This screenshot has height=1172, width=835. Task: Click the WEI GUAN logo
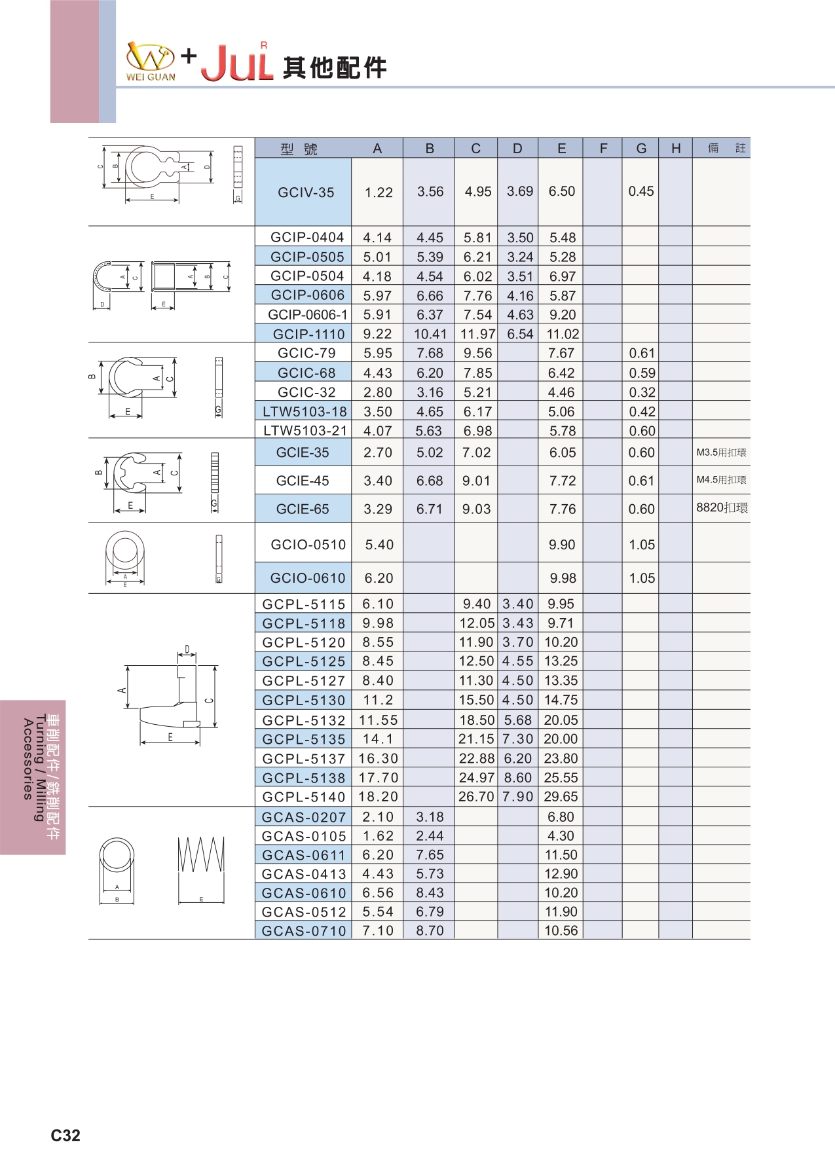[151, 62]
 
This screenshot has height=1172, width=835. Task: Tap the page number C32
[65, 1135]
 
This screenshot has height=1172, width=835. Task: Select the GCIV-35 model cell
[306, 192]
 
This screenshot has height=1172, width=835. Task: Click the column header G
[641, 149]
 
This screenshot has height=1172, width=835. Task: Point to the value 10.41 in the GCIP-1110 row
[430, 334]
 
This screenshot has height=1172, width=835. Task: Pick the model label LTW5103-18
[305, 412]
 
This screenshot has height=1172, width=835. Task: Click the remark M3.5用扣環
[721, 452]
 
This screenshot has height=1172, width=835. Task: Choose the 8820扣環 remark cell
[722, 508]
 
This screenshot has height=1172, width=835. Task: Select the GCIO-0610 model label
[308, 578]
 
